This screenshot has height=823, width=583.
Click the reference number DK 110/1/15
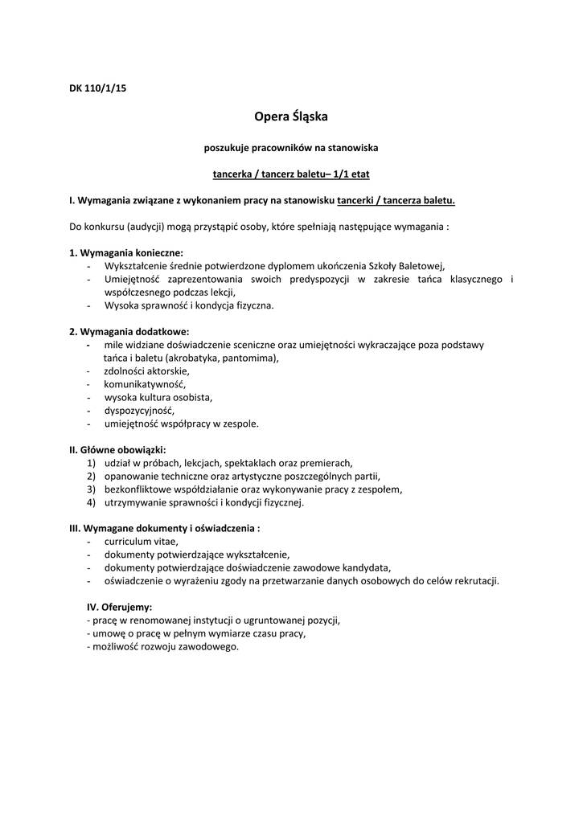point(97,88)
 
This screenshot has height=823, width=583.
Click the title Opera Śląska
point(291,117)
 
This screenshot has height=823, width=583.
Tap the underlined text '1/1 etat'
point(351,174)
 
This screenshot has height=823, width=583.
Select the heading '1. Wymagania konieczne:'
point(126,253)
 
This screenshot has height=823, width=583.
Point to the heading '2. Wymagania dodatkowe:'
point(129,331)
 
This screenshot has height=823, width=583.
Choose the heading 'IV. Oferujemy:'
point(119,607)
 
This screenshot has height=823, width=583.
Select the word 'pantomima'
point(248,358)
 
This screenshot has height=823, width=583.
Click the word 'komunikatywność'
point(144,384)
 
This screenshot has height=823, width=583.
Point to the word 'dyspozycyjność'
point(138,410)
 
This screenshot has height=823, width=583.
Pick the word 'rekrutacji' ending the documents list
point(475,580)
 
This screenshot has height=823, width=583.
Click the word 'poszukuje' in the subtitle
point(225,147)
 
